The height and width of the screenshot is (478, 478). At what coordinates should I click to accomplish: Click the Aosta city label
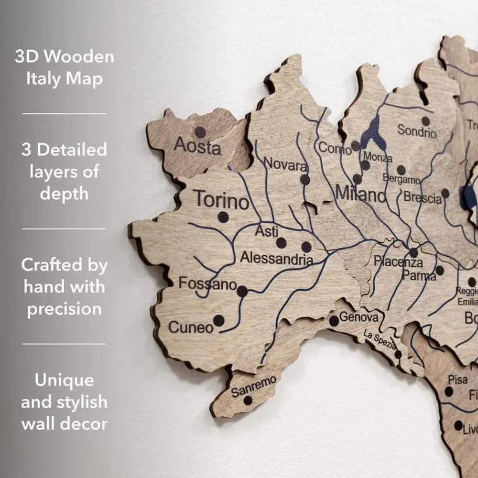coord(197,146)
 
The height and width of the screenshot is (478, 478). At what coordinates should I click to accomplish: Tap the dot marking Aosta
coord(200,132)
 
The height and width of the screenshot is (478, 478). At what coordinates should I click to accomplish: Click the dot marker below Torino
coord(223,217)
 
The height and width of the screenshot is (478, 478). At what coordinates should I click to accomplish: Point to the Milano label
coord(360,194)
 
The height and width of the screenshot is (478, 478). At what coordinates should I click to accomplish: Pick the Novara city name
coord(286,165)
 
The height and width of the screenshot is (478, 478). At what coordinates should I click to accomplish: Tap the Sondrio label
coord(417,130)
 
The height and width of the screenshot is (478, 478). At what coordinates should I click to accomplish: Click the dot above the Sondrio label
coord(425,121)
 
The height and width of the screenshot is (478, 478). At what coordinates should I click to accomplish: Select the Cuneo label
coord(190,327)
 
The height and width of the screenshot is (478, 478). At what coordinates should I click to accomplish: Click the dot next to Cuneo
coord(218,320)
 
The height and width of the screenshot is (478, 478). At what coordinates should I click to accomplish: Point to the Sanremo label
coord(253,387)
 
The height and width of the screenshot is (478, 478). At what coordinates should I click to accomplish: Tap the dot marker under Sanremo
coord(248,400)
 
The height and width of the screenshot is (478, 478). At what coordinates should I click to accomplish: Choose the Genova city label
coord(358,317)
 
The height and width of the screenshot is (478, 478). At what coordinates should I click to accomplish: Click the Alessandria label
coord(276,259)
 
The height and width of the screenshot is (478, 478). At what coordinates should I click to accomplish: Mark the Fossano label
coord(207,283)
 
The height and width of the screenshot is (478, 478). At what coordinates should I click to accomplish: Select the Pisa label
coord(457,380)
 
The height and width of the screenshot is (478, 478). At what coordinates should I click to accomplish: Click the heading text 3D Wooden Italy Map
coord(64,67)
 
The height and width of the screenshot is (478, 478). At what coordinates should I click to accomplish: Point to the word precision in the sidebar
coord(64,308)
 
